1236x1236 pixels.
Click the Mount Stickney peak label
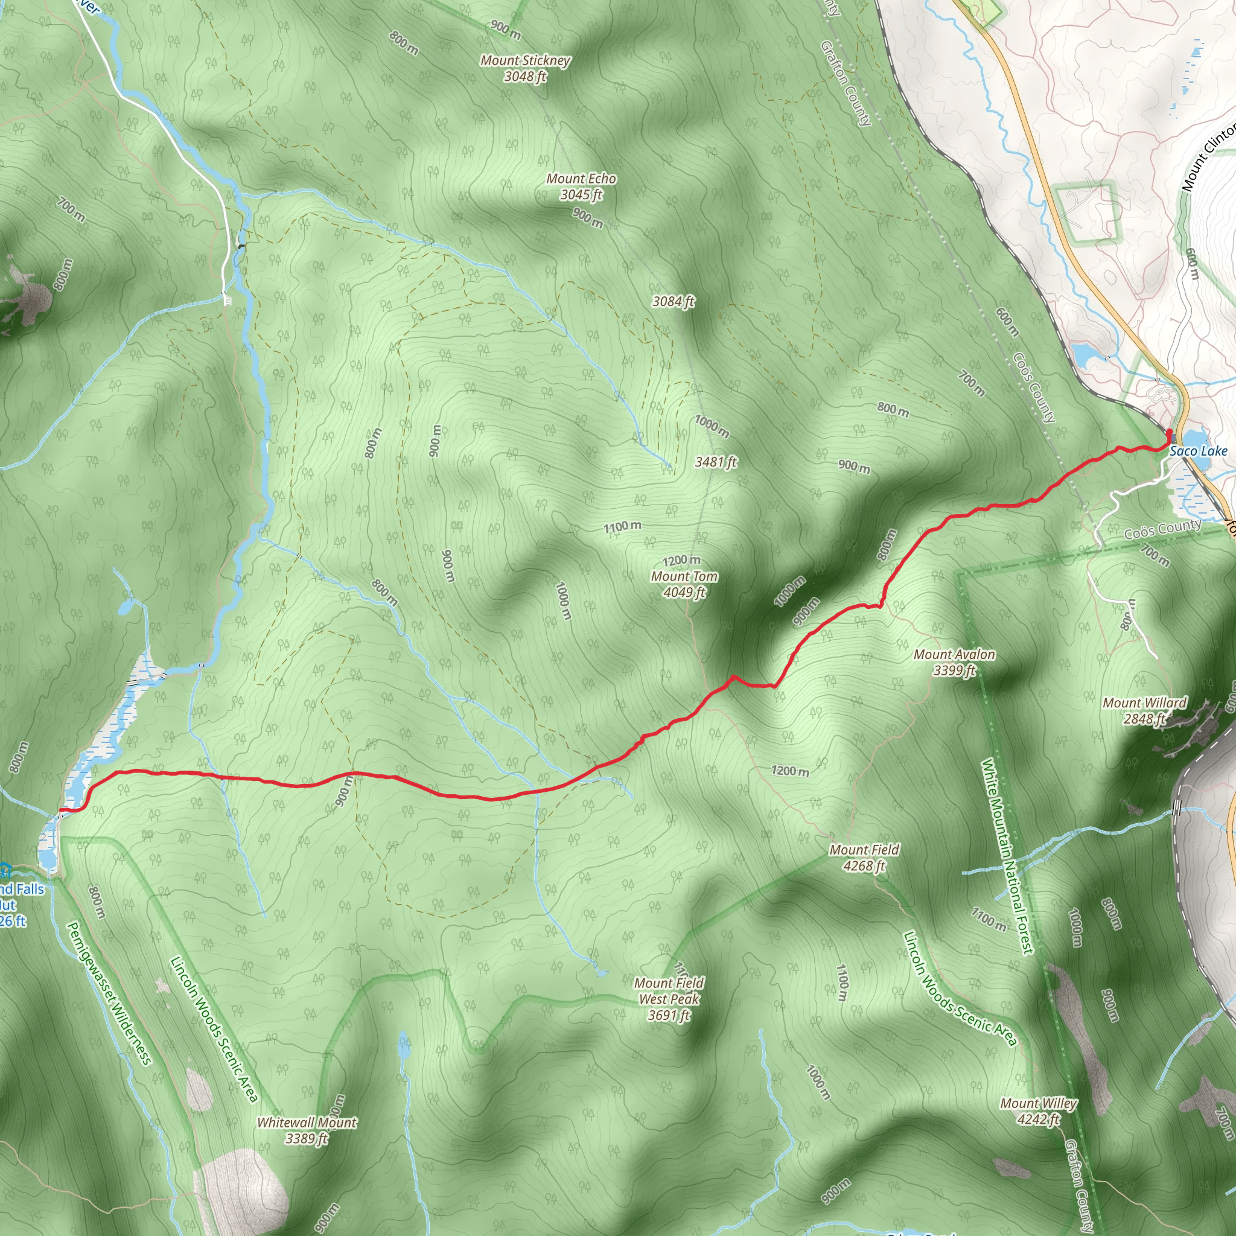(524, 68)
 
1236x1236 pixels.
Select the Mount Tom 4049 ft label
(684, 584)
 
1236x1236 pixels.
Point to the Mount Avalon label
(954, 662)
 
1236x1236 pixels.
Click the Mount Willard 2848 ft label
(1144, 711)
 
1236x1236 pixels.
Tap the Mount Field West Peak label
(669, 999)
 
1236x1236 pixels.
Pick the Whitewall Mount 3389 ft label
(307, 1130)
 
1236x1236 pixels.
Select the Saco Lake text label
(1198, 451)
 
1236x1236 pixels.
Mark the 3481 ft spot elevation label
(716, 462)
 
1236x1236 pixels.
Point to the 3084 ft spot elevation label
(673, 301)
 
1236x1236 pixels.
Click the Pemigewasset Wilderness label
(109, 993)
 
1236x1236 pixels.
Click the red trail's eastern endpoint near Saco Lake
(1170, 433)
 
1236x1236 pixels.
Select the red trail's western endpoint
(60, 811)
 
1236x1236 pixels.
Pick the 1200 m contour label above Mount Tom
(681, 561)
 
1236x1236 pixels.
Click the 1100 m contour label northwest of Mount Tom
(622, 527)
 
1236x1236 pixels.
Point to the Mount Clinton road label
(1208, 159)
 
